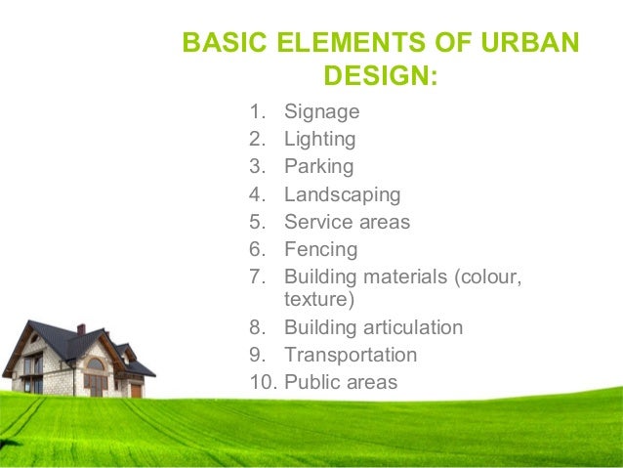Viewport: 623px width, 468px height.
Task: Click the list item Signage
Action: click(x=321, y=111)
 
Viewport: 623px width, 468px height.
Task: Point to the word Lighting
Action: click(x=319, y=139)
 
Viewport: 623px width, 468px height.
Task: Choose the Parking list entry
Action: click(x=318, y=166)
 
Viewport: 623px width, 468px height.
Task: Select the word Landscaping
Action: click(x=342, y=194)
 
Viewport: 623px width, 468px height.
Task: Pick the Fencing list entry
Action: click(x=320, y=249)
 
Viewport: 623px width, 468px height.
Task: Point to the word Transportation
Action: click(x=350, y=355)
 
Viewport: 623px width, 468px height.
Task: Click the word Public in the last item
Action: click(x=311, y=382)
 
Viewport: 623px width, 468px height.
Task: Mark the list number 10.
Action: click(x=261, y=382)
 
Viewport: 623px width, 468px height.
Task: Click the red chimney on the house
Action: click(x=81, y=329)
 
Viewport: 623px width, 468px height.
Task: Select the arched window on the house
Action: click(x=95, y=364)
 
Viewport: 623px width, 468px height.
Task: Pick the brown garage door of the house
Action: click(x=136, y=389)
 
